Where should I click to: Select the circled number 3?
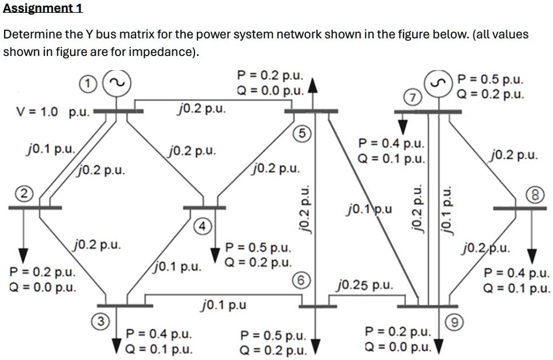click(x=100, y=320)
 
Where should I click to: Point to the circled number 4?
click(x=200, y=226)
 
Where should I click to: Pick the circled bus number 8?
click(x=538, y=193)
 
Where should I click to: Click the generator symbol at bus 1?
click(x=116, y=83)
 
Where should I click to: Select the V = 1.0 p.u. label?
click(x=50, y=112)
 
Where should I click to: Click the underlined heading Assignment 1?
click(x=43, y=8)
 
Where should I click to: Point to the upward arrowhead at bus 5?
click(x=313, y=86)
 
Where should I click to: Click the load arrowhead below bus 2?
click(x=23, y=255)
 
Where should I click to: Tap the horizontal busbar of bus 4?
click(x=204, y=207)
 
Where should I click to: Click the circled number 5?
click(x=301, y=133)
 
